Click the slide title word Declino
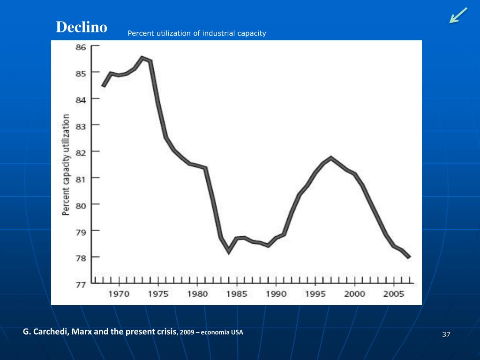82,27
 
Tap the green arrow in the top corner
458,15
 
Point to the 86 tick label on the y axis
81,47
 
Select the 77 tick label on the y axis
81,284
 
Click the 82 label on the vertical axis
81,151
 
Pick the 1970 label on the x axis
119,294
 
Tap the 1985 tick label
237,294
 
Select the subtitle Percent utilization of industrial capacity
197,33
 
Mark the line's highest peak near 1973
142,58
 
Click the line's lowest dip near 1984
229,252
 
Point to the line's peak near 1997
331,157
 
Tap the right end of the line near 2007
409,257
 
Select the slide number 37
446,334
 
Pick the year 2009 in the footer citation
187,332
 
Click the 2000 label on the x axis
355,294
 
